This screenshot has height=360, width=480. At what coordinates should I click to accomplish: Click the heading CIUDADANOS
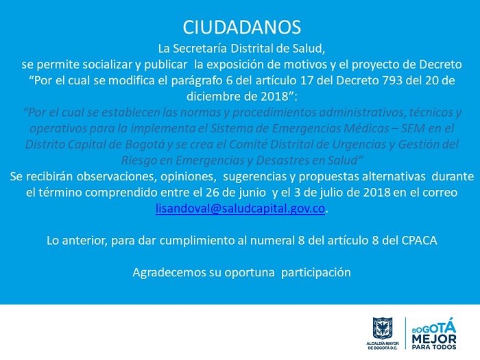coord(242,27)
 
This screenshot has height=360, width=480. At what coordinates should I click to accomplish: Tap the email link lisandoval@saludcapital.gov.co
coord(240,208)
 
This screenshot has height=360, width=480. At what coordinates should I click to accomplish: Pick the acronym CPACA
coord(419,241)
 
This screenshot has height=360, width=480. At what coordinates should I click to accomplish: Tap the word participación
coord(316,273)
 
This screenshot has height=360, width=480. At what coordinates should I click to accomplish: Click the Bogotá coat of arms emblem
coord(383,328)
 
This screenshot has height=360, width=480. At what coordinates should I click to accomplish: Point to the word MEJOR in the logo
coord(434,339)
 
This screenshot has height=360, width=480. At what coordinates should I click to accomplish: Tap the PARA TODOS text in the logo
coord(434,347)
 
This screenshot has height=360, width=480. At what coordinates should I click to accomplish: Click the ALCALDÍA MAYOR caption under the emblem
coord(383,344)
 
